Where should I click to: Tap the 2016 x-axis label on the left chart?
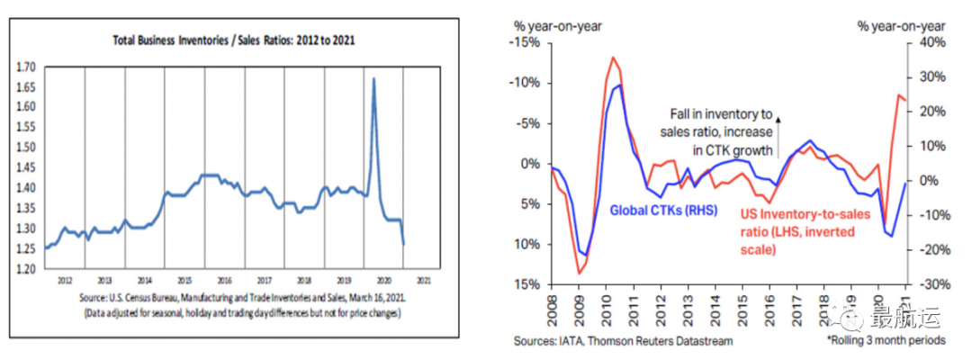point(225,279)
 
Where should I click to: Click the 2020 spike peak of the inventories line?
point(373,79)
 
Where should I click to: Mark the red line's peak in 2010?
point(613,58)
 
